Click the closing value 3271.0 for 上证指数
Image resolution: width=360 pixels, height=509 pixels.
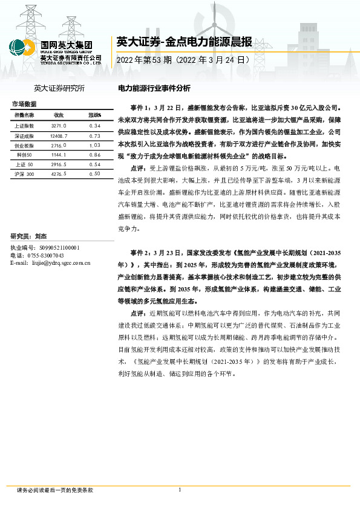click(59, 125)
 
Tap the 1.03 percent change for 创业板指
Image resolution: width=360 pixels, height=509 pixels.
click(94, 145)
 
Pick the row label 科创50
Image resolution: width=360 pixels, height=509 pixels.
click(24, 155)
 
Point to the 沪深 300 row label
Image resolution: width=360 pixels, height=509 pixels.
click(24, 174)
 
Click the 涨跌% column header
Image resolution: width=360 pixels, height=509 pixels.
click(94, 115)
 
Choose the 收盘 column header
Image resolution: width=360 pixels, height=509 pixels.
click(59, 115)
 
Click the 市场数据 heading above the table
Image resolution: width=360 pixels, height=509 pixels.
click(24, 104)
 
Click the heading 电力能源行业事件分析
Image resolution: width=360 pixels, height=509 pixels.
click(154, 88)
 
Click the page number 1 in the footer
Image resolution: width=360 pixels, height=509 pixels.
click(180, 490)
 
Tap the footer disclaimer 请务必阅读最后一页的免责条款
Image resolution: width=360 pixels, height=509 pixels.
click(55, 490)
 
